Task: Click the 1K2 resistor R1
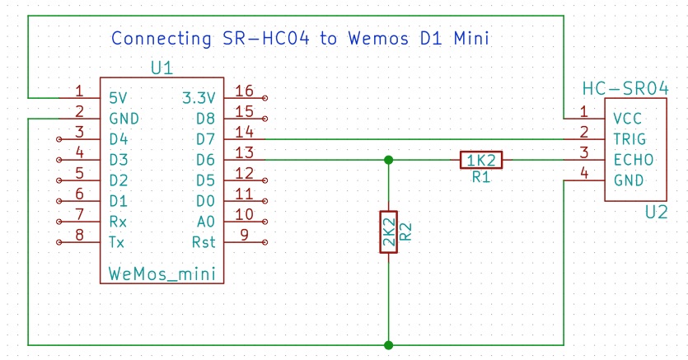pyautogui.click(x=480, y=160)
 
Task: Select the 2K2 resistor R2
pyautogui.click(x=388, y=231)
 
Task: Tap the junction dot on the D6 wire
pyautogui.click(x=388, y=160)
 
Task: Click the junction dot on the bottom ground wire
pyautogui.click(x=388, y=344)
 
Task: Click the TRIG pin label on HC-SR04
pyautogui.click(x=630, y=139)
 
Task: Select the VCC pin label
pyautogui.click(x=628, y=119)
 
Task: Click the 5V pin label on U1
pyautogui.click(x=118, y=97)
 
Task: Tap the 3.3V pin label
pyautogui.click(x=199, y=97)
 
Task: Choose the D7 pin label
pyautogui.click(x=206, y=139)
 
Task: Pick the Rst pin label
pyautogui.click(x=204, y=242)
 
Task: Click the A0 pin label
pyautogui.click(x=206, y=222)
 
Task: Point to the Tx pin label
pyautogui.click(x=117, y=242)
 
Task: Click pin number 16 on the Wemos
pyautogui.click(x=244, y=91)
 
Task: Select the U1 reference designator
pyautogui.click(x=161, y=68)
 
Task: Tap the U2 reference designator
pyautogui.click(x=656, y=212)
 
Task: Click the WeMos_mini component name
pyautogui.click(x=162, y=273)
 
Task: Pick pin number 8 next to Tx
pyautogui.click(x=79, y=236)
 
